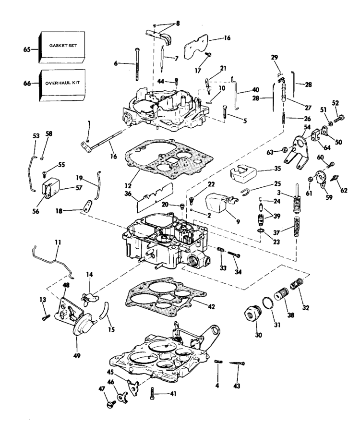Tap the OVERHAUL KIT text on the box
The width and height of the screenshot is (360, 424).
[x=62, y=83]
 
